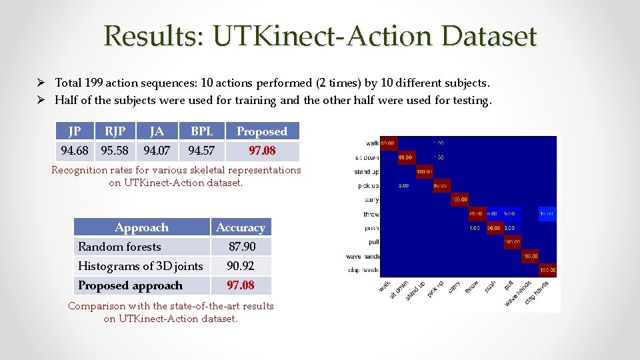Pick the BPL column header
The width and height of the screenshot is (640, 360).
point(201,131)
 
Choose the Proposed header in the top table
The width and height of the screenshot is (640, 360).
point(262,131)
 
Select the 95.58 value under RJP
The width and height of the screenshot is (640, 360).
point(114,151)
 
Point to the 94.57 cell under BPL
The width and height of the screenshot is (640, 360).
point(201,151)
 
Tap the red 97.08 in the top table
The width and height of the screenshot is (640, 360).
point(262,151)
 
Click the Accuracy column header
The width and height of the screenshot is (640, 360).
point(241,227)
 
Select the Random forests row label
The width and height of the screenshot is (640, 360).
point(119,247)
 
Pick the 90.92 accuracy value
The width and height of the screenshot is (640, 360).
point(241,266)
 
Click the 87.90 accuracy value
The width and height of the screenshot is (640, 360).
point(241,247)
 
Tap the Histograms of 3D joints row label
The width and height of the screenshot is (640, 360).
point(140,266)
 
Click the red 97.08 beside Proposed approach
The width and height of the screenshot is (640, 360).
point(241,285)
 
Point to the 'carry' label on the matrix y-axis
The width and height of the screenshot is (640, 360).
point(371,199)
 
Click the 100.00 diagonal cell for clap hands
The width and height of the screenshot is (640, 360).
point(547,270)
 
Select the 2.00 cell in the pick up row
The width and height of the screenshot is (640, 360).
point(404,185)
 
